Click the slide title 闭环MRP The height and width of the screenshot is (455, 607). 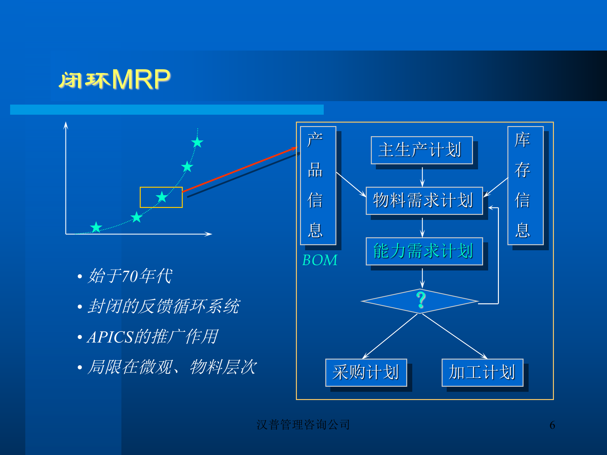(x=114, y=79)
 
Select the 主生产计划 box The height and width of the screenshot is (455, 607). (x=421, y=150)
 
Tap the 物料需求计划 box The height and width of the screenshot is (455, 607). (x=424, y=201)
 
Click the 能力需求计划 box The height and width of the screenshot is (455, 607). (x=424, y=251)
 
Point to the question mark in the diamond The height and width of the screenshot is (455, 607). (x=421, y=300)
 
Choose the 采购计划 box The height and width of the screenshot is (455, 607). (x=366, y=372)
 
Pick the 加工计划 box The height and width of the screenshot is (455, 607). (x=482, y=372)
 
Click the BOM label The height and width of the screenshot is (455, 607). (x=320, y=260)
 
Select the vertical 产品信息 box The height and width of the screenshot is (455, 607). (x=318, y=185)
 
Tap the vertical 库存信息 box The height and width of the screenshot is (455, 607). (x=525, y=185)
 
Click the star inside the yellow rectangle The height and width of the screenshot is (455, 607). (x=162, y=197)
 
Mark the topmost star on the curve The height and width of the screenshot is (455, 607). (x=197, y=143)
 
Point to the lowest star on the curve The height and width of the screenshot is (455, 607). (x=96, y=227)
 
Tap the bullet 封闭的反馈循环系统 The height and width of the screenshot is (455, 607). (x=163, y=306)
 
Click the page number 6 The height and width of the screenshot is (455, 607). (x=552, y=425)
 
